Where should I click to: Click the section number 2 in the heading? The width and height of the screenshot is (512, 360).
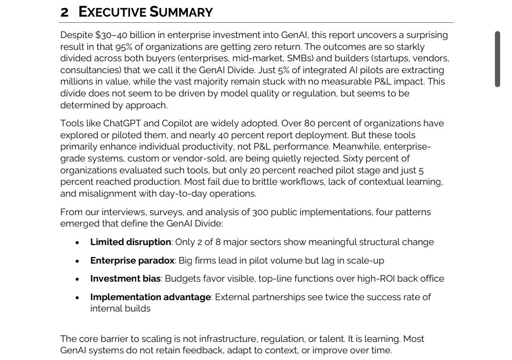click(64, 12)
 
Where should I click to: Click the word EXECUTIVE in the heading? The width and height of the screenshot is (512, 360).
click(112, 12)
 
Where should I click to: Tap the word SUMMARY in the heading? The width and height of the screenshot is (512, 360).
click(181, 12)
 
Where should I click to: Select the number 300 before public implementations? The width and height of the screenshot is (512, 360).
click(261, 212)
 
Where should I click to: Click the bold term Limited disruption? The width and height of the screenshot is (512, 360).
click(130, 242)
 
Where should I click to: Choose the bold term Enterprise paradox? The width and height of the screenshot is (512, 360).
click(132, 261)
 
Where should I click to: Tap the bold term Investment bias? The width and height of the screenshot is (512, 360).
click(125, 279)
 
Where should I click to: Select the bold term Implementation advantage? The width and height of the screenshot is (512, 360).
click(150, 297)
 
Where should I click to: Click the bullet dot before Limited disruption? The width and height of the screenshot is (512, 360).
click(77, 243)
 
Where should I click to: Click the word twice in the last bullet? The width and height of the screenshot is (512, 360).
click(338, 297)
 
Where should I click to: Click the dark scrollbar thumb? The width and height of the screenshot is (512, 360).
click(497, 59)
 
